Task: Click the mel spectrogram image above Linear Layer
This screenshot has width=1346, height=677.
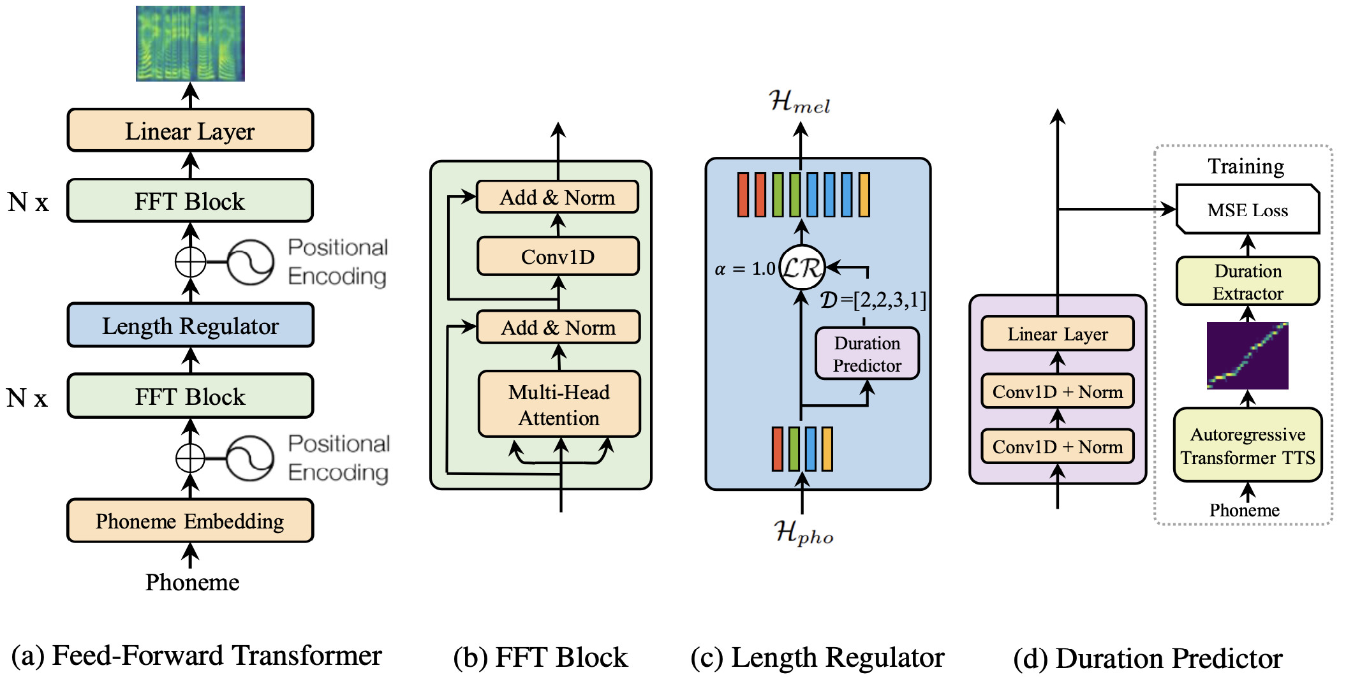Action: click(190, 43)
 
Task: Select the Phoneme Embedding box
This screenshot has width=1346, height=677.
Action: click(190, 521)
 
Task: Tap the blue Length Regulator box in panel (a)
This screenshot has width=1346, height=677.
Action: click(190, 326)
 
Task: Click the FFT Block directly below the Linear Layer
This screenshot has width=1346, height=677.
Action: click(190, 201)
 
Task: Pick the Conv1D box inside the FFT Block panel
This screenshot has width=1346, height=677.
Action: click(558, 256)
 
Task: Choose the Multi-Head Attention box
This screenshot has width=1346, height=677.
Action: click(559, 405)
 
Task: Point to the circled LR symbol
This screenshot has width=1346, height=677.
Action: click(802, 267)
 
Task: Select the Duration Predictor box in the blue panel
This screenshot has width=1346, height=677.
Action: click(867, 354)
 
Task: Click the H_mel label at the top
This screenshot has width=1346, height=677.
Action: click(799, 102)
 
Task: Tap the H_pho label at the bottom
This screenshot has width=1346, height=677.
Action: click(803, 532)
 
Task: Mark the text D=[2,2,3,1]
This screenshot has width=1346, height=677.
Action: click(873, 300)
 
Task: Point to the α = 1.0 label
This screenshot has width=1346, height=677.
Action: click(744, 269)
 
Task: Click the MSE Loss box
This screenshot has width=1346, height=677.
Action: click(1247, 210)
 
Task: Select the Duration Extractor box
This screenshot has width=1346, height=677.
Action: click(1248, 282)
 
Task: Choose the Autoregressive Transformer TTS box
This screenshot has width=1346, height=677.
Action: click(1248, 446)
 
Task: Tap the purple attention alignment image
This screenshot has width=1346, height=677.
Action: click(1247, 356)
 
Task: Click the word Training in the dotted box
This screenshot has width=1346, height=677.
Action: click(1246, 166)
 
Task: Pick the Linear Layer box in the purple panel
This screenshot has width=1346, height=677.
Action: click(1057, 334)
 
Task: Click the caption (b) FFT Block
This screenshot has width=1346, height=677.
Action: click(540, 657)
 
